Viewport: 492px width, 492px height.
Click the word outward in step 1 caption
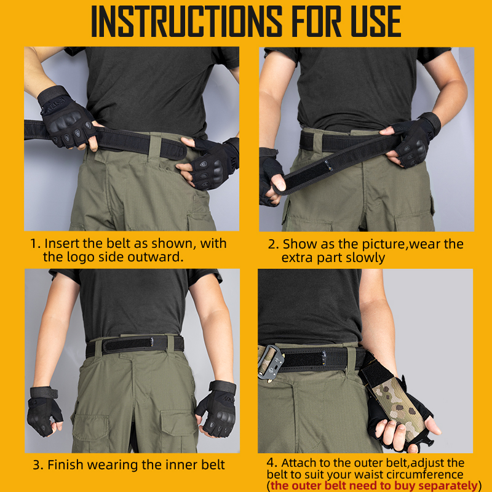(x=157, y=257)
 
